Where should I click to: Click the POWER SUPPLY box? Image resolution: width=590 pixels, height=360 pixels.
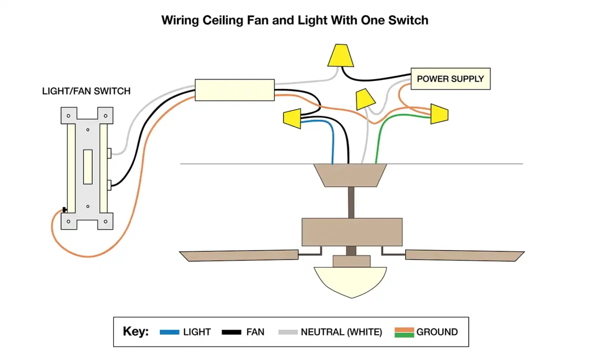(450, 79)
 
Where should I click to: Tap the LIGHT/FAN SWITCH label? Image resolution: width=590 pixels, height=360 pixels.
(86, 91)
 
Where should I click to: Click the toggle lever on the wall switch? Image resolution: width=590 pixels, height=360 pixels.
(88, 167)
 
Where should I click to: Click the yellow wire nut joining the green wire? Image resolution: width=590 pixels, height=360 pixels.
(439, 114)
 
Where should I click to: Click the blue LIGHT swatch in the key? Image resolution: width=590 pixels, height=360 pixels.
(170, 332)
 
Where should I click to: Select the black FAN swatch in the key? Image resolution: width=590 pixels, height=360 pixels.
(231, 332)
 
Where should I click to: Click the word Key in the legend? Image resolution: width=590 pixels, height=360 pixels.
(135, 332)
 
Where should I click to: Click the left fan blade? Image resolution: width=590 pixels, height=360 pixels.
(238, 255)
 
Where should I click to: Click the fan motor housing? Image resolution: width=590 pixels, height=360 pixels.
(352, 232)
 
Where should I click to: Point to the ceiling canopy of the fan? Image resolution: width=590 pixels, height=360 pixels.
(350, 175)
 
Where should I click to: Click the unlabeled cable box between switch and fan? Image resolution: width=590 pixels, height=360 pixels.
(235, 90)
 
